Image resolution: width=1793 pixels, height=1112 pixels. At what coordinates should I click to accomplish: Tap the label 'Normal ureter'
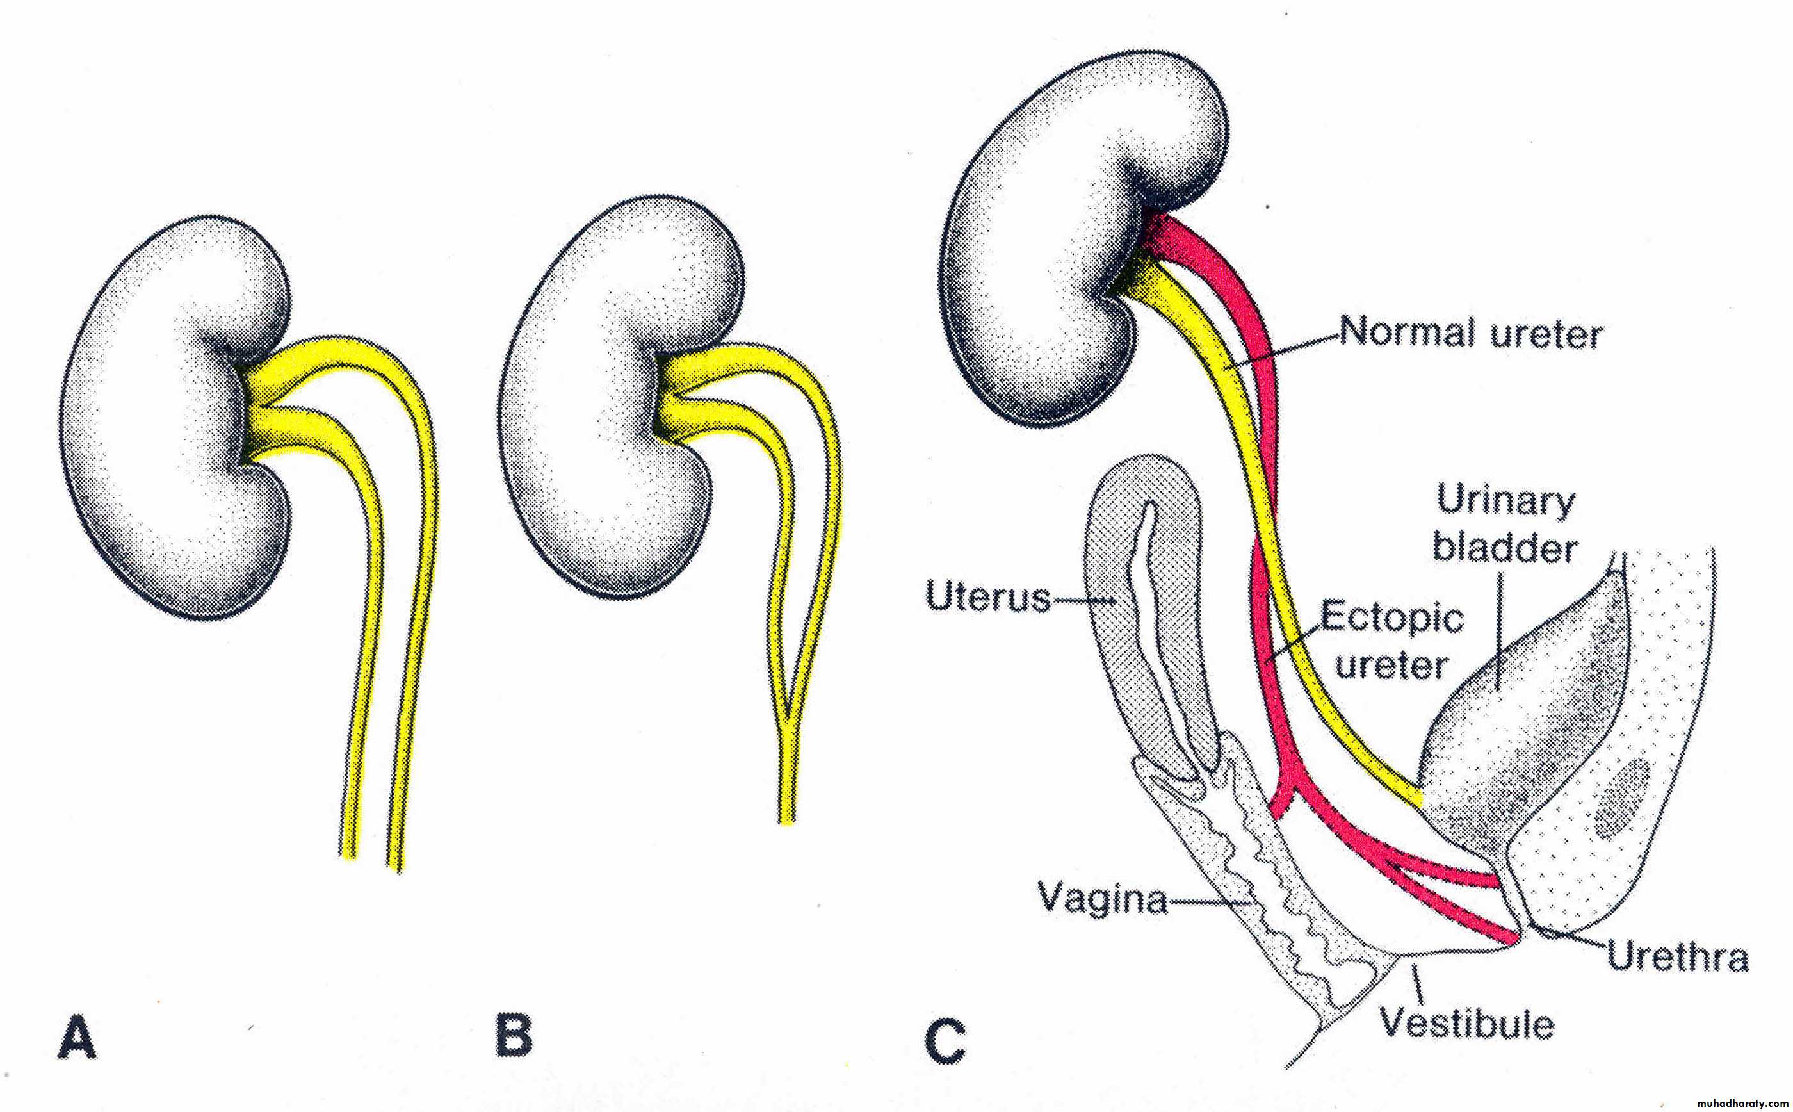(1470, 334)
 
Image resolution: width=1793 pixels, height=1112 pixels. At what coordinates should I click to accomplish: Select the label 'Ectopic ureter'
(1391, 641)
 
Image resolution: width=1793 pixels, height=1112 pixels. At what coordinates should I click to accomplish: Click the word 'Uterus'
(987, 596)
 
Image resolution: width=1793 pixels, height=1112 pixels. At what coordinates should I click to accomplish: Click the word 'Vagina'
(1103, 898)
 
